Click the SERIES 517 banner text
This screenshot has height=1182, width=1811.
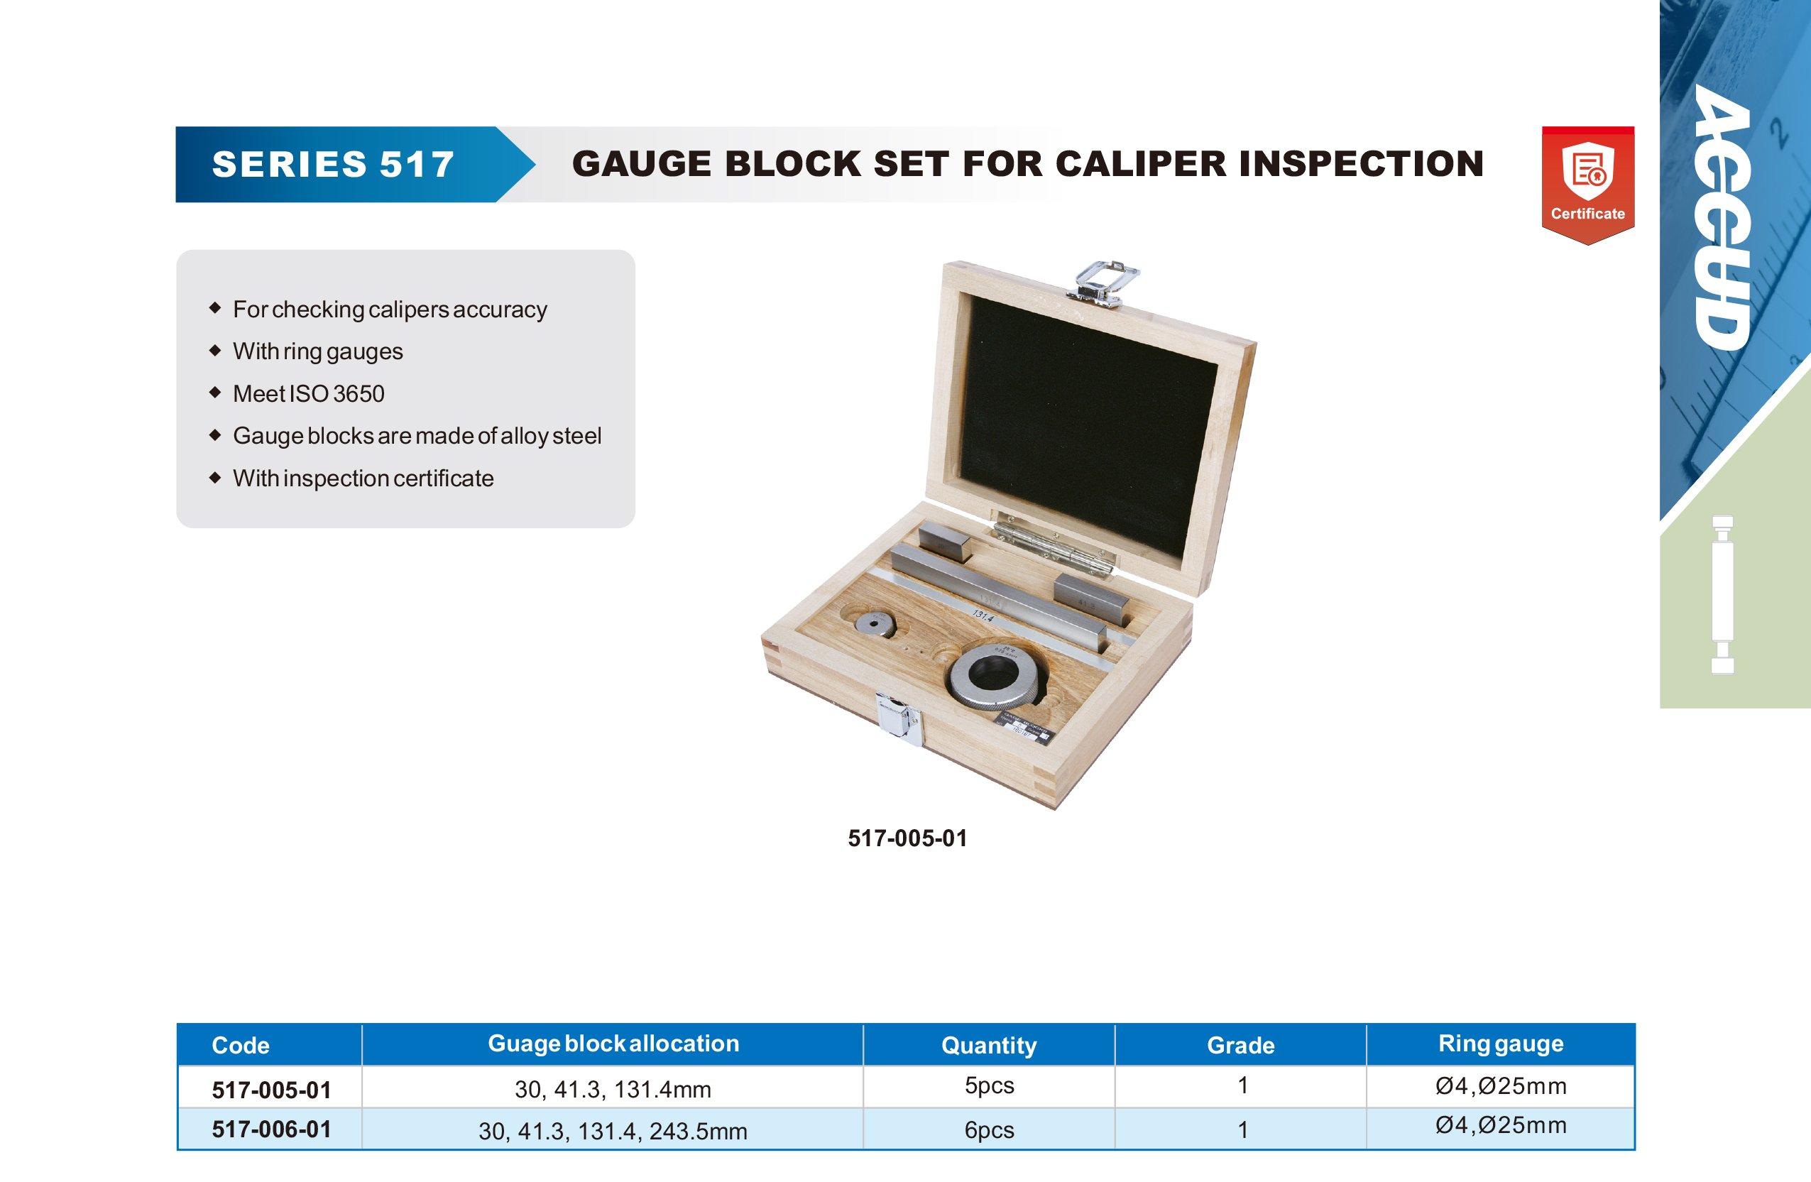pyautogui.click(x=333, y=165)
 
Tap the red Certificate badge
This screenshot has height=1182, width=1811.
pyautogui.click(x=1588, y=185)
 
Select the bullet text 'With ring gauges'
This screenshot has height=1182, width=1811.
pyautogui.click(x=318, y=351)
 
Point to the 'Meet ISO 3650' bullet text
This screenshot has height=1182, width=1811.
pyautogui.click(x=309, y=393)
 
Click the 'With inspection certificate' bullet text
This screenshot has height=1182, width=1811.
pyautogui.click(x=363, y=478)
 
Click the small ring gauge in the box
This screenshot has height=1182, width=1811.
pyautogui.click(x=875, y=623)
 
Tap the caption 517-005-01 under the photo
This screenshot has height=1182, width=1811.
pyautogui.click(x=908, y=838)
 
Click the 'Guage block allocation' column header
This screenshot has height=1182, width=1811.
pyautogui.click(x=613, y=1044)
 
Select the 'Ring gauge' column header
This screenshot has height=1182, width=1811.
pyautogui.click(x=1501, y=1044)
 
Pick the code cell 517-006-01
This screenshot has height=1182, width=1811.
pyautogui.click(x=272, y=1129)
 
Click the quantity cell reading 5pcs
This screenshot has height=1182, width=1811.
pyautogui.click(x=989, y=1085)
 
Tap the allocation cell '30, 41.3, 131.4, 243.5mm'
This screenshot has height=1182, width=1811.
pyautogui.click(x=613, y=1131)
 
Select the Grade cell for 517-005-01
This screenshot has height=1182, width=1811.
pyautogui.click(x=1242, y=1085)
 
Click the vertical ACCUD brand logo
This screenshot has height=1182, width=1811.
pyautogui.click(x=1722, y=218)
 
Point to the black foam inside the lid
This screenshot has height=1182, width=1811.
pyautogui.click(x=1088, y=426)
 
